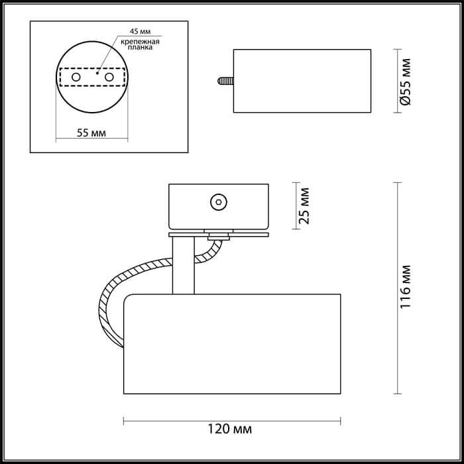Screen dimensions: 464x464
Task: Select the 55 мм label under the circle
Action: [91, 132]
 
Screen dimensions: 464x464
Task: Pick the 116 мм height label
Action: [408, 287]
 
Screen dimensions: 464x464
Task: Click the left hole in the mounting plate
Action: [76, 78]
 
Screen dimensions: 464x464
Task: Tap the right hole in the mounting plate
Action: [109, 78]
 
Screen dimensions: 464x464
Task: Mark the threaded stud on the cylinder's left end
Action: [223, 80]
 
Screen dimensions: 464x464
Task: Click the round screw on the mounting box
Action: [217, 202]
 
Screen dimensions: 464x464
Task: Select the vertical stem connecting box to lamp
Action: [182, 263]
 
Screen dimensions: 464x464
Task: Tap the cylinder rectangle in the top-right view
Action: [302, 80]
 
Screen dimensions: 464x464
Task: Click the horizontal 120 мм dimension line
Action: [232, 420]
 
